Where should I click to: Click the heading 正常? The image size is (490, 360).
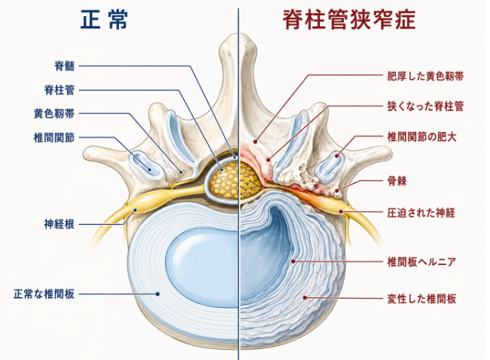(104, 20)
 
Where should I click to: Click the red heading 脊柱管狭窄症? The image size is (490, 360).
(349, 20)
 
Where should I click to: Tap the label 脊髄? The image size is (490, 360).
(65, 66)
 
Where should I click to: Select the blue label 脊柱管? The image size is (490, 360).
(60, 90)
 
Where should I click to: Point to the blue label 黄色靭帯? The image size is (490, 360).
(54, 113)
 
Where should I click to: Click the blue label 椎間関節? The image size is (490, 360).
(54, 137)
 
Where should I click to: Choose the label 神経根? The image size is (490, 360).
(60, 224)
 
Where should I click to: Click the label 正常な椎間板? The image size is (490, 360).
(44, 294)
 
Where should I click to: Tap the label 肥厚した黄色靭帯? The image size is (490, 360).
(425, 76)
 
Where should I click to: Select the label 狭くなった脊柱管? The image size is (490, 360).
(425, 107)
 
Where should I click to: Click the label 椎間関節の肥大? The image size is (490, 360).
(422, 137)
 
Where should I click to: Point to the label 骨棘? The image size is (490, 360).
(397, 181)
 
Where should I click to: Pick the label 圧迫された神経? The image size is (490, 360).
(421, 212)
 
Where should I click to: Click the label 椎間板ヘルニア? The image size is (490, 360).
(421, 261)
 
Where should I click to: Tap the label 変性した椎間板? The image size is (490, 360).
(421, 299)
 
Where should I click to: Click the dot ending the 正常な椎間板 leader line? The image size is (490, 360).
(158, 294)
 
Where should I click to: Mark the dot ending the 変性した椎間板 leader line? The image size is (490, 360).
(305, 297)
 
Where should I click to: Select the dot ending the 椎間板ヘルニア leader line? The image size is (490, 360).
(293, 261)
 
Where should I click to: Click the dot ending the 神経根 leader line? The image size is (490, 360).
(135, 210)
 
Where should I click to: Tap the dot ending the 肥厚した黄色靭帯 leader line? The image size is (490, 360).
(256, 142)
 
